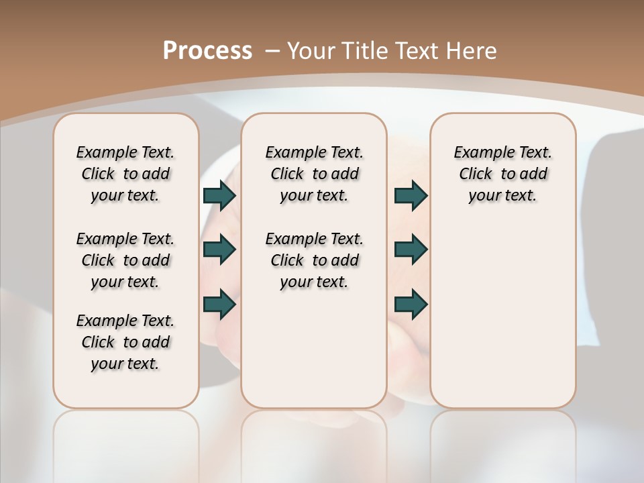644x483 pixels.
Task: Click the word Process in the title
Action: (x=207, y=51)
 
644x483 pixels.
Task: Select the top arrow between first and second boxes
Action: (x=219, y=195)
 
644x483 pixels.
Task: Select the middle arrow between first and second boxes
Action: (x=219, y=250)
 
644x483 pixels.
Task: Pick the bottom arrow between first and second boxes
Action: (x=219, y=304)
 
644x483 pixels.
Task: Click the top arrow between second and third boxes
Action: (x=411, y=195)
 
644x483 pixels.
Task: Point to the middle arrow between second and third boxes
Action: (x=411, y=250)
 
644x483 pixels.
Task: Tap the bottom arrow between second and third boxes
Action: (x=411, y=304)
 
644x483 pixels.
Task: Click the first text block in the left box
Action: (x=125, y=174)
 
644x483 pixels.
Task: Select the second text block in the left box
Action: (x=125, y=260)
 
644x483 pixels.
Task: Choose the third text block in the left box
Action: (x=125, y=342)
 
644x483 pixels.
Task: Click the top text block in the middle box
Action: (x=314, y=174)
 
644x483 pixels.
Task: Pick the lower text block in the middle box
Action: (x=314, y=260)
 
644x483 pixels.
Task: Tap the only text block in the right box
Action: (x=502, y=174)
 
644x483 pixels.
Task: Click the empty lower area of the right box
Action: (x=502, y=315)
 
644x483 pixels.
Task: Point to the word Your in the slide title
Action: (x=311, y=51)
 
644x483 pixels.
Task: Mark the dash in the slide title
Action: (x=272, y=51)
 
